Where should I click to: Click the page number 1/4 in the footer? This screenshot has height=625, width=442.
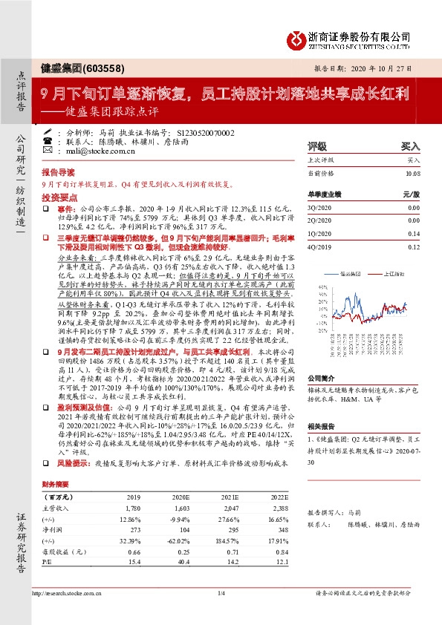click(x=221, y=592)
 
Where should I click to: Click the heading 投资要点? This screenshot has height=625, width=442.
click(x=56, y=198)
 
